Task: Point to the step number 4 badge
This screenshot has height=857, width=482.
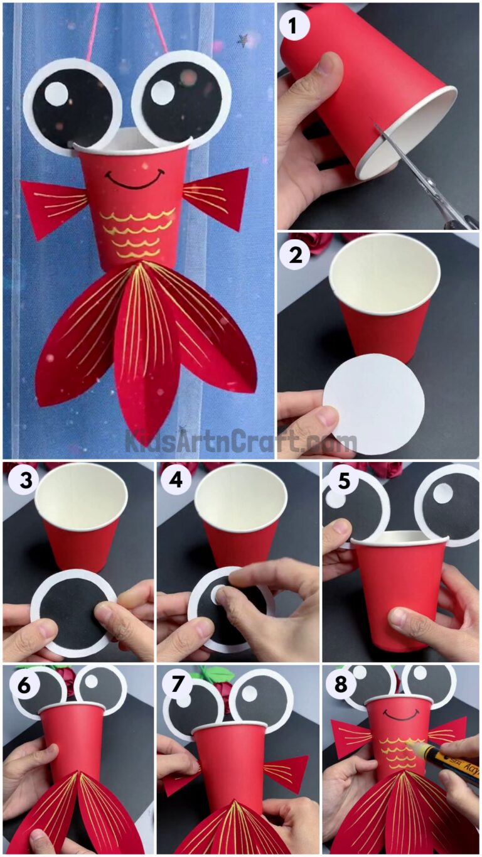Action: [175, 482]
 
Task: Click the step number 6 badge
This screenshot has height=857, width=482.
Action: [21, 685]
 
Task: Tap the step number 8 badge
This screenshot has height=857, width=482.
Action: [339, 685]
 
